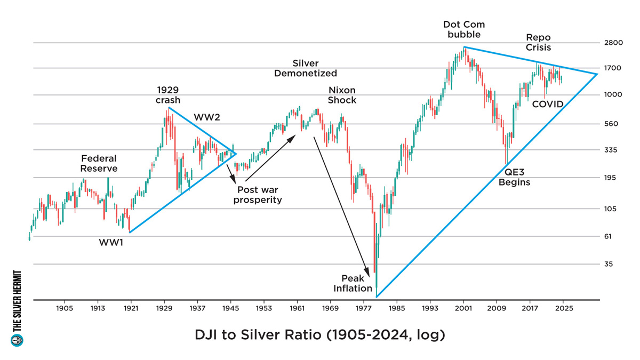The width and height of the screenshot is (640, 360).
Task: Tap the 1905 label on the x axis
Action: pyautogui.click(x=65, y=309)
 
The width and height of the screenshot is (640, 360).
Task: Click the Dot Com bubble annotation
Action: pyautogui.click(x=462, y=29)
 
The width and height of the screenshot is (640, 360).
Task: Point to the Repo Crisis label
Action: pyautogui.click(x=538, y=43)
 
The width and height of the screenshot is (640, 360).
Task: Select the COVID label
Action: pyautogui.click(x=548, y=104)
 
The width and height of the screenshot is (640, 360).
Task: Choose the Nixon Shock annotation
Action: pyautogui.click(x=341, y=95)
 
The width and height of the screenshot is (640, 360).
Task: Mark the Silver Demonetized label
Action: pyautogui.click(x=306, y=68)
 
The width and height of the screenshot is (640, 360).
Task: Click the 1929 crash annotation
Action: pyautogui.click(x=168, y=94)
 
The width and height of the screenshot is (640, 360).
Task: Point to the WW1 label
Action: pyautogui.click(x=111, y=242)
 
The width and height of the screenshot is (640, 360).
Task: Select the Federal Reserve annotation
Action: pyautogui.click(x=99, y=164)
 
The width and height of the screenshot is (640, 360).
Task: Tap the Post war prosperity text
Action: pyautogui.click(x=259, y=195)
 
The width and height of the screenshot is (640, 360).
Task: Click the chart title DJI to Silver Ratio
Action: pyautogui.click(x=319, y=336)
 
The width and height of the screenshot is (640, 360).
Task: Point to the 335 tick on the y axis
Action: pyautogui.click(x=614, y=150)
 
